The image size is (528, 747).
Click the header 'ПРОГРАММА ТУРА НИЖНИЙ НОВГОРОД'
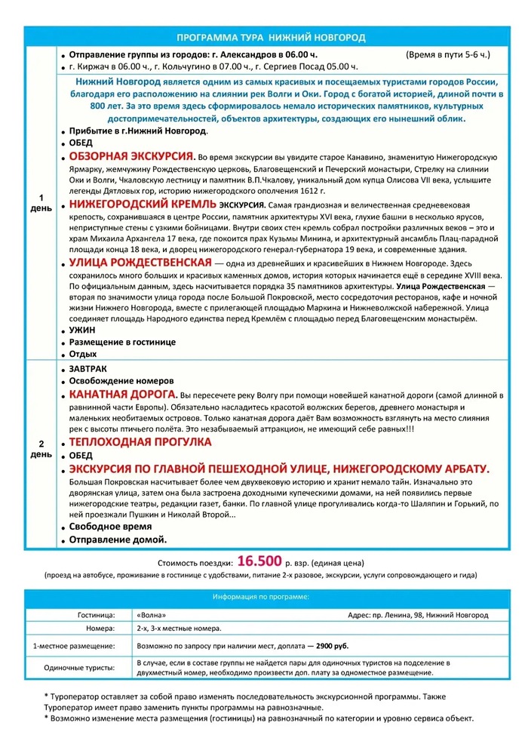(271, 37)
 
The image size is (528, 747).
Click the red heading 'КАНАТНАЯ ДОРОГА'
(123, 395)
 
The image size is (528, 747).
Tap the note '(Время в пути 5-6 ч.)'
(447, 55)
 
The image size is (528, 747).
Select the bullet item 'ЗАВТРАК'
(87, 368)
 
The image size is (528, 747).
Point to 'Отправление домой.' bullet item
(118, 539)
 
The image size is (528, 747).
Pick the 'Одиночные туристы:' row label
(80, 668)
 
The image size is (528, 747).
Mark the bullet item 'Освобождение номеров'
(121, 380)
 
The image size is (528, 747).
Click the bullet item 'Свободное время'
(110, 526)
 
